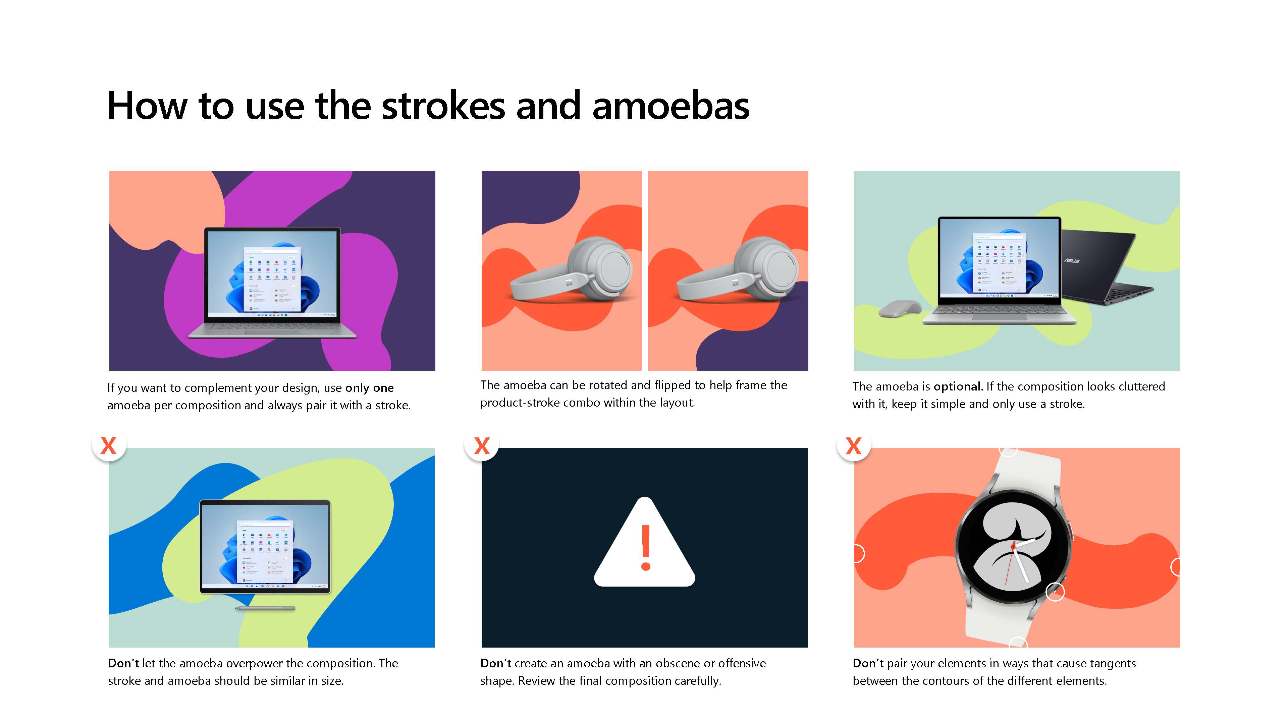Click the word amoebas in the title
671,106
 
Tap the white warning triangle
644,542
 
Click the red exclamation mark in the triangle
645,548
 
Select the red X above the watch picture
854,445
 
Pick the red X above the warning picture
482,445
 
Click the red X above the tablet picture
108,445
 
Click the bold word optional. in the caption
959,387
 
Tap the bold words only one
370,388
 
